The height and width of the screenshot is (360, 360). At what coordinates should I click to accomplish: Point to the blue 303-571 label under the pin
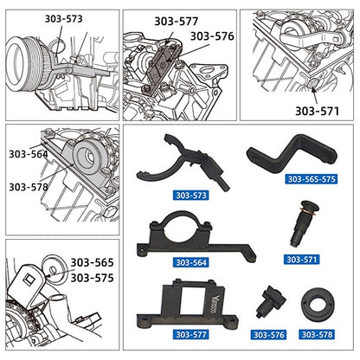pyautogui.click(x=305, y=258)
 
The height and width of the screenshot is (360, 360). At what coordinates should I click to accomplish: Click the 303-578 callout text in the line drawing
pyautogui.click(x=29, y=186)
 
